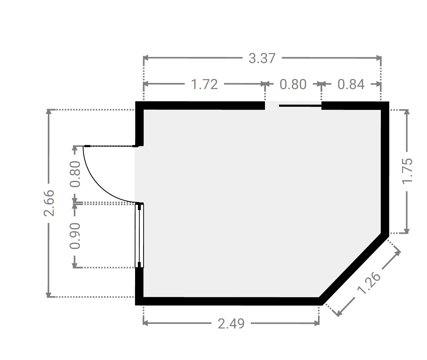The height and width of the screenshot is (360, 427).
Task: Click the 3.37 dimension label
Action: tap(262, 58)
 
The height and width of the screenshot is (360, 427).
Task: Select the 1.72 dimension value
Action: tap(204, 84)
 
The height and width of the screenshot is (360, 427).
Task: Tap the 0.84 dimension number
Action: tap(351, 84)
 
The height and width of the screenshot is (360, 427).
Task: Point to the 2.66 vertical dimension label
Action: tap(49, 203)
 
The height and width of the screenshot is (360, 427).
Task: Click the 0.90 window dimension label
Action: tap(75, 236)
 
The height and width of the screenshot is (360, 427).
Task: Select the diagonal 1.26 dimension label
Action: tap(369, 283)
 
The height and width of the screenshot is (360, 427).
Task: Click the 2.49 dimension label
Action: tap(231, 324)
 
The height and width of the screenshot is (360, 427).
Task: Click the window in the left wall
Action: tap(139, 235)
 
